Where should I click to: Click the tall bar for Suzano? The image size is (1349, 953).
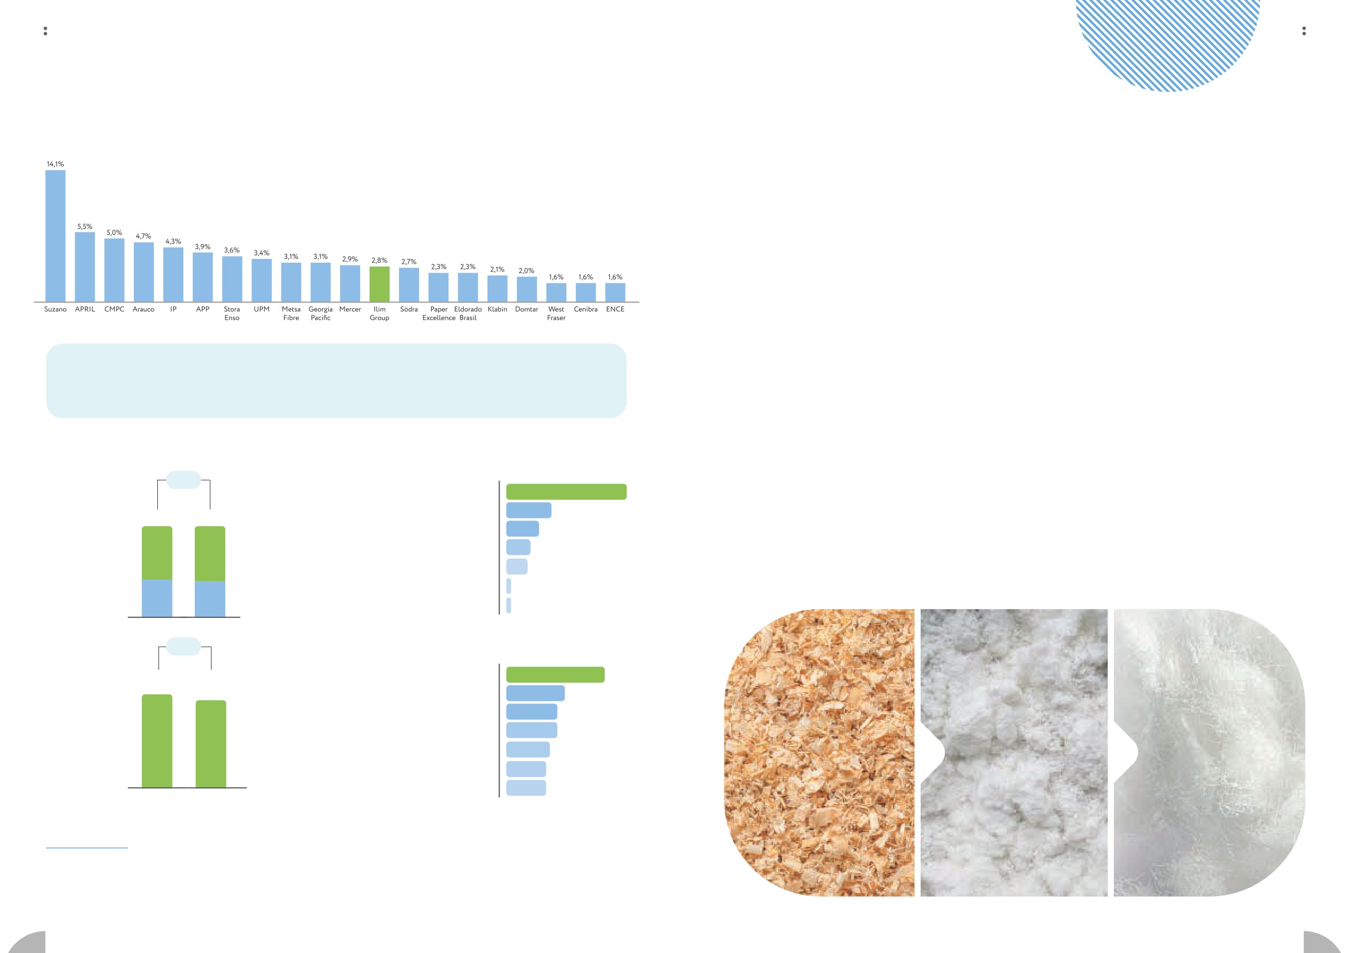click(55, 236)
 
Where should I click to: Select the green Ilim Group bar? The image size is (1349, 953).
click(379, 284)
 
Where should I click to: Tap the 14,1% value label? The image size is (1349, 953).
click(55, 164)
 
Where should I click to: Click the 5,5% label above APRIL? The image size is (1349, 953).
click(84, 226)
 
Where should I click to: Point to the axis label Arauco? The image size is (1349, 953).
click(143, 309)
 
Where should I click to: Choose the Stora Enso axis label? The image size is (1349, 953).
click(232, 313)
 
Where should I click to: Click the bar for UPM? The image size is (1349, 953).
click(261, 280)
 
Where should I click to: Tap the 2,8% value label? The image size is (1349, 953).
click(379, 260)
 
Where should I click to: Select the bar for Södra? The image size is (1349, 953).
click(409, 285)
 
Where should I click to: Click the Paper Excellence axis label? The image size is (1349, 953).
click(439, 313)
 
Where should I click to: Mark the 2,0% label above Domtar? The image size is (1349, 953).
click(526, 271)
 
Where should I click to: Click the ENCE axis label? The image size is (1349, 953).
click(615, 309)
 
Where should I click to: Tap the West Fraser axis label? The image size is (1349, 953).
click(556, 313)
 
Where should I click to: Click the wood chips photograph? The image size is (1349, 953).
click(820, 752)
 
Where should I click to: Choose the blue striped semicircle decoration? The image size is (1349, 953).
click(1167, 41)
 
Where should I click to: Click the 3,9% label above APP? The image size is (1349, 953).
click(202, 246)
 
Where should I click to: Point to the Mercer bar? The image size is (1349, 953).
click(350, 283)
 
